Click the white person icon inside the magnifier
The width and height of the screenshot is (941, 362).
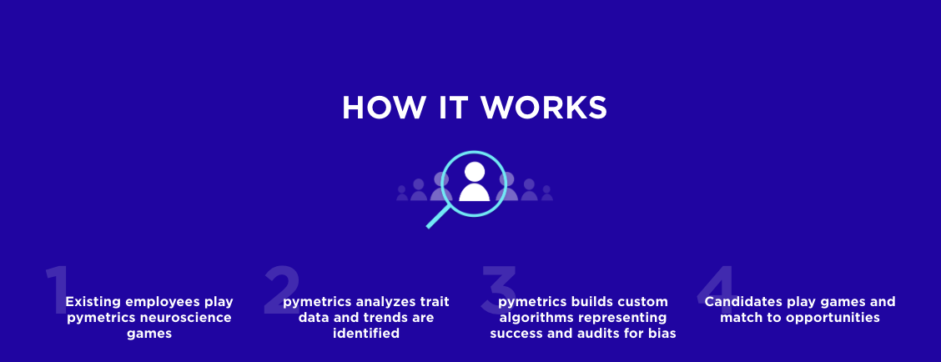pyautogui.click(x=474, y=182)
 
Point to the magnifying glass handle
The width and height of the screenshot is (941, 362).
pyautogui.click(x=438, y=216)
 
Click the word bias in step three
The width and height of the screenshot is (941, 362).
pyautogui.click(x=661, y=334)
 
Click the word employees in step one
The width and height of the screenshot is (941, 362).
pyautogui.click(x=164, y=302)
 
